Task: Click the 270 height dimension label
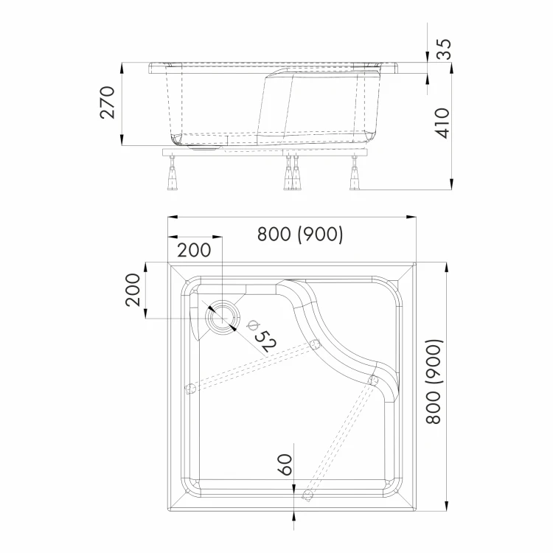[108, 102]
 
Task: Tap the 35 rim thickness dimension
[443, 49]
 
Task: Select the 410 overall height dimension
[442, 123]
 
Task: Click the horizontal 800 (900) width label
[300, 234]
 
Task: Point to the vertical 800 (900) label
[434, 381]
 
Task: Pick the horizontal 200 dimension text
[194, 250]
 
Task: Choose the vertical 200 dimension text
[133, 290]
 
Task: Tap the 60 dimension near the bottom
[285, 465]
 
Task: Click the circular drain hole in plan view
[222, 315]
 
